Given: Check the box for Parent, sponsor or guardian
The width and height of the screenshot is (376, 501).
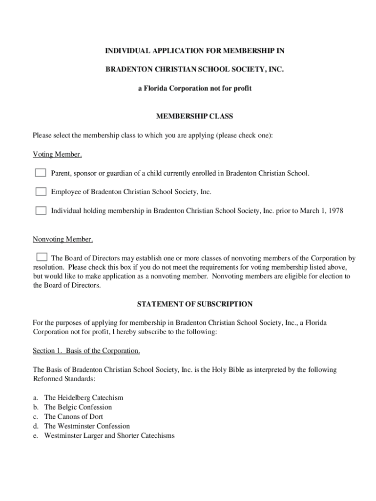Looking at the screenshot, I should [41, 173].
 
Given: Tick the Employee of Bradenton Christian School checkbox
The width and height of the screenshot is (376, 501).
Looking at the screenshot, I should [41, 192].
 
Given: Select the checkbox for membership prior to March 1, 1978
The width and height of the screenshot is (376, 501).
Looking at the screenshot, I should [41, 211].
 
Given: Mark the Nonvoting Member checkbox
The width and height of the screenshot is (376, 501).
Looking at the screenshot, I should [42, 257].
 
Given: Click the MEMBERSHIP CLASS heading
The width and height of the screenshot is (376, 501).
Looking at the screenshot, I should [194, 116].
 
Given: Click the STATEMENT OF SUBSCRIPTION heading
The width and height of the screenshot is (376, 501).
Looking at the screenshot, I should [194, 304].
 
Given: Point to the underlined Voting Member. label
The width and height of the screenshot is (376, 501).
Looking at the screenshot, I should [57, 155].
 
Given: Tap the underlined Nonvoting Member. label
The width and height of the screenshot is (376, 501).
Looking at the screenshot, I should [63, 239].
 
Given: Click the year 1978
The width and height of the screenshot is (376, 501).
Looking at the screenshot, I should [335, 211].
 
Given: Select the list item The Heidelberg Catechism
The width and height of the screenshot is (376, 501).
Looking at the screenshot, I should [84, 398].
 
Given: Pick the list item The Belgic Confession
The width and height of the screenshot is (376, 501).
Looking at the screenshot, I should [78, 407].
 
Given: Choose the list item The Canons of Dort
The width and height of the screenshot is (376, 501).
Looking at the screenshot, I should [74, 416].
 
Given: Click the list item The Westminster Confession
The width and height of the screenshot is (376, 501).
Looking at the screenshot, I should [87, 426].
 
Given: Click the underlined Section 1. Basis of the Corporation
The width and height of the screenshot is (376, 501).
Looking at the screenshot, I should [86, 351].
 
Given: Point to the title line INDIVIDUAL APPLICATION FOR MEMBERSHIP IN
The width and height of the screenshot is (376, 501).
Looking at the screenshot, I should [194, 50].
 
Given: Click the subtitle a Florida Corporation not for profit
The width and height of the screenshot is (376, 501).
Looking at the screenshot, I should [194, 89].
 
